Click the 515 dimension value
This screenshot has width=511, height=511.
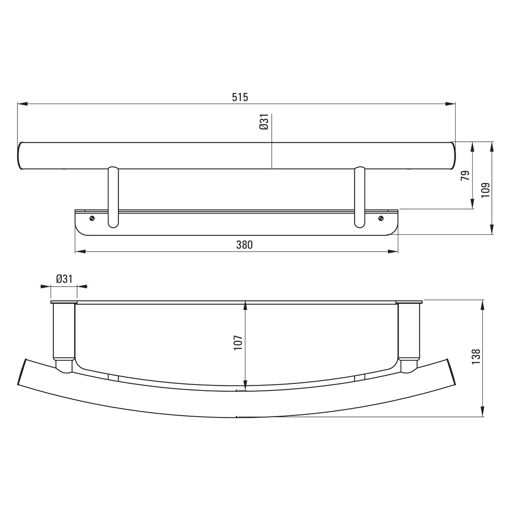[240, 98]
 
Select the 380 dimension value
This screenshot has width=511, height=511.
[244, 245]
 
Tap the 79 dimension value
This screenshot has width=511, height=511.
[465, 175]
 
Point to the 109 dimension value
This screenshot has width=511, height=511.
[485, 190]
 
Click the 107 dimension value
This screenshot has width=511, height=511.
[238, 343]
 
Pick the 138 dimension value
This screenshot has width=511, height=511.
[476, 357]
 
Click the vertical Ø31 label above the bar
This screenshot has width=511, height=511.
[264, 122]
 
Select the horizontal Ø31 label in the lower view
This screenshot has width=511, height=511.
[64, 278]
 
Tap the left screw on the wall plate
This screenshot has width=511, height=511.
[92, 218]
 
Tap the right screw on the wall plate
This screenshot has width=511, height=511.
[381, 218]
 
